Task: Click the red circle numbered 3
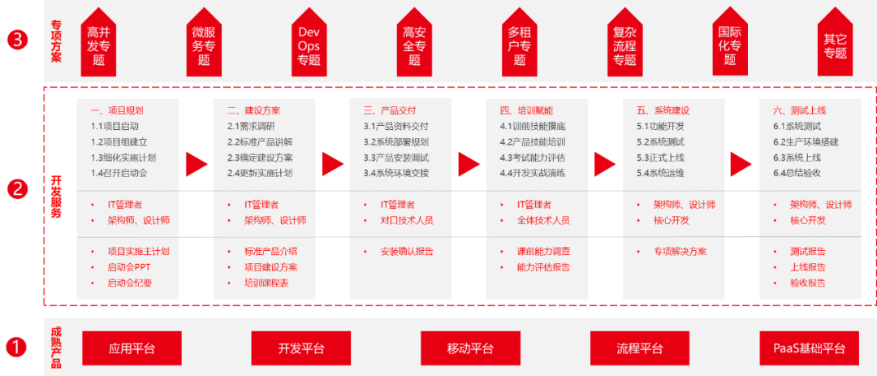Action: click(18, 41)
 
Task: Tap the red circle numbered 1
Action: click(18, 348)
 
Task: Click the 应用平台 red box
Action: click(132, 348)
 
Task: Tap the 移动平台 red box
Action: click(470, 348)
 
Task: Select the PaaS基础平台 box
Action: click(809, 348)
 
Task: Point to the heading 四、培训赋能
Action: click(526, 110)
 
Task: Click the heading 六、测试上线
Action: click(799, 110)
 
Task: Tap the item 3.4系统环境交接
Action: click(395, 173)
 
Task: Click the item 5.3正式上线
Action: click(661, 158)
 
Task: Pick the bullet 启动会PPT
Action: click(129, 267)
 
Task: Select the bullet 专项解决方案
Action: click(680, 252)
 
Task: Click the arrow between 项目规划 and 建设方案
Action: click(197, 164)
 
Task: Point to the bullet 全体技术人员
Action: click(543, 220)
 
